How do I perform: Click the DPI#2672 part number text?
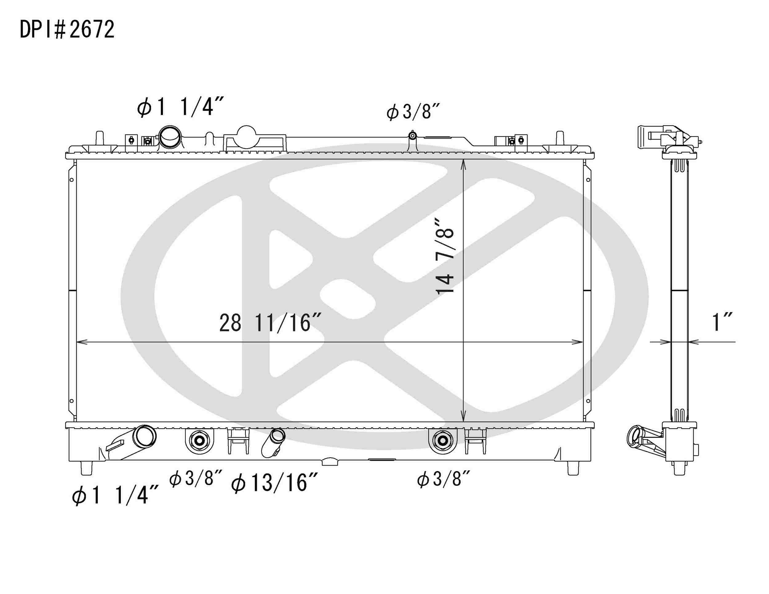pos(67,30)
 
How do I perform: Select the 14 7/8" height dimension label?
pos(445,256)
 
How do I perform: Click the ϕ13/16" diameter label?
pos(274,483)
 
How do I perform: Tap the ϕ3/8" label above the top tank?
pos(413,112)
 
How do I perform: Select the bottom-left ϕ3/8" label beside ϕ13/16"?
pos(195,479)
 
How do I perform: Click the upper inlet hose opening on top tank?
pos(170,137)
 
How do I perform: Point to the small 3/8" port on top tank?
pos(412,136)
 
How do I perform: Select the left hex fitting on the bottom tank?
pos(199,440)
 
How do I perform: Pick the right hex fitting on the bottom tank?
pos(443,440)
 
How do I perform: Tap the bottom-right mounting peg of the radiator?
pos(573,468)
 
